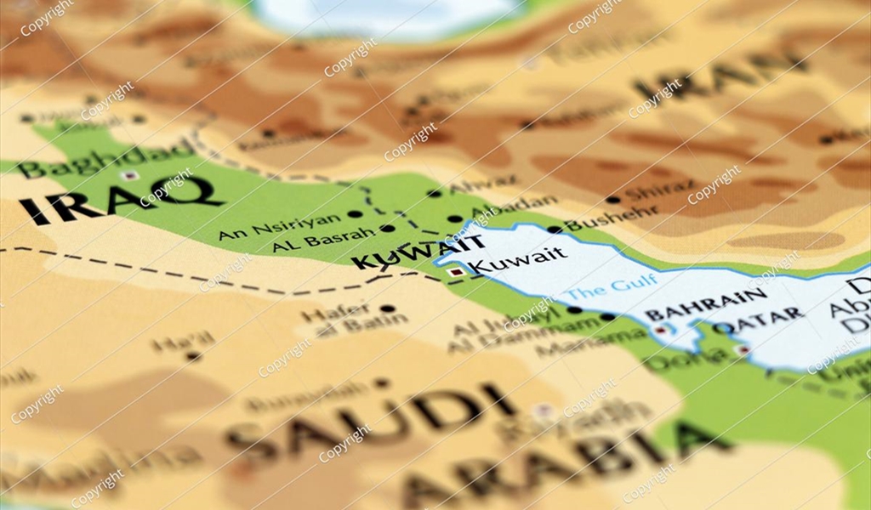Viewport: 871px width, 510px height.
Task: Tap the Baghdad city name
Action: [106, 158]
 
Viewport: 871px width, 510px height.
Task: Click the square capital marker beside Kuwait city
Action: [458, 272]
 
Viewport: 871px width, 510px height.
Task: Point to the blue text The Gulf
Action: [611, 286]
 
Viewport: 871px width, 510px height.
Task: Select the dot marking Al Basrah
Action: [387, 229]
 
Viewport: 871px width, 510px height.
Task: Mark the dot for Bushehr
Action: [554, 229]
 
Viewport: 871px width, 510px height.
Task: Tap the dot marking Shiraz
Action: [612, 200]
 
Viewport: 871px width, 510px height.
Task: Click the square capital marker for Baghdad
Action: [129, 176]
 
